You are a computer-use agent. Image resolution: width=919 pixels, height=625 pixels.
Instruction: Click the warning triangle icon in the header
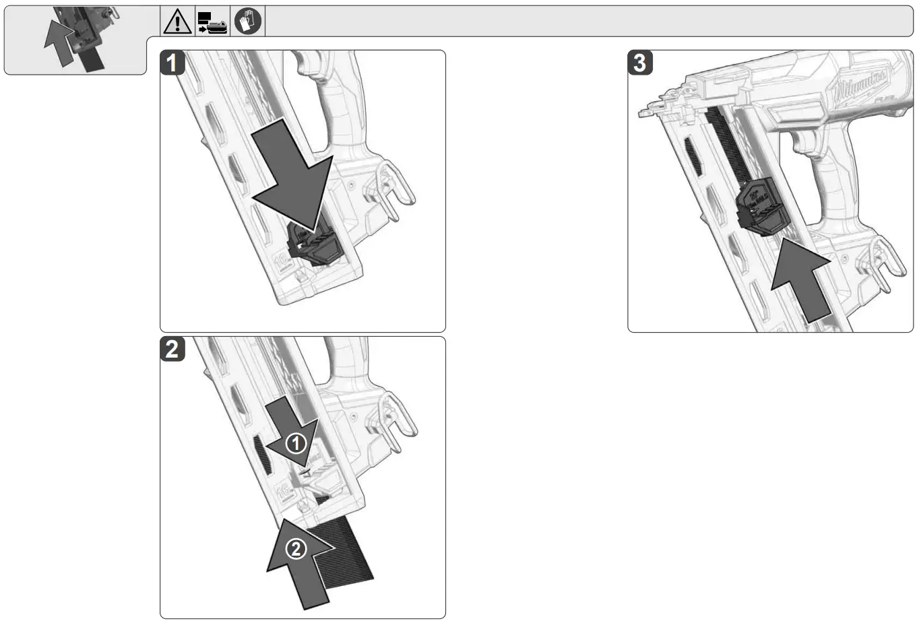pyautogui.click(x=178, y=22)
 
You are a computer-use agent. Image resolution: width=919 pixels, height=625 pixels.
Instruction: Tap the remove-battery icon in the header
pyautogui.click(x=212, y=22)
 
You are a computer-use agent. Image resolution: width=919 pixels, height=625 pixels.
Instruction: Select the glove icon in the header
pyautogui.click(x=247, y=22)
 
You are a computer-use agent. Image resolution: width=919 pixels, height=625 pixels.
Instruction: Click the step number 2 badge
pyautogui.click(x=172, y=349)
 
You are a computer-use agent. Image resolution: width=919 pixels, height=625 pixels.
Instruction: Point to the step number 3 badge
pyautogui.click(x=640, y=63)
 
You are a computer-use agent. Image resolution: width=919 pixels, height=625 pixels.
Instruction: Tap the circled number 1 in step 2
pyautogui.click(x=296, y=443)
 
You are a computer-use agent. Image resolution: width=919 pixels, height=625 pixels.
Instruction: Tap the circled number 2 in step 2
pyautogui.click(x=296, y=549)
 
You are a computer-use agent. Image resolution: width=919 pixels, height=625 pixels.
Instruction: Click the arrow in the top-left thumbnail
pyautogui.click(x=59, y=42)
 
